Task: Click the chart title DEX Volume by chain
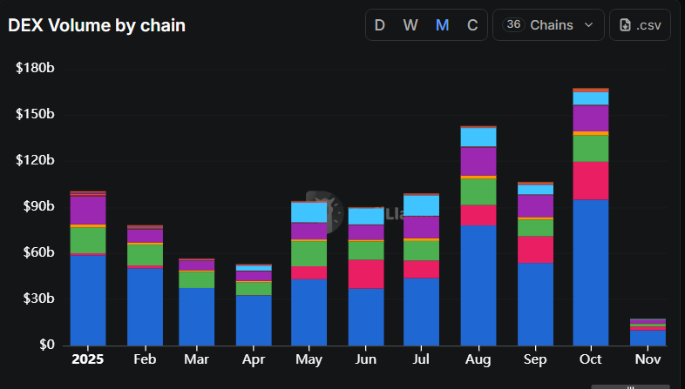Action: click(97, 25)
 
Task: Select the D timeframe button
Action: click(379, 25)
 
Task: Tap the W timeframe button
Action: click(410, 25)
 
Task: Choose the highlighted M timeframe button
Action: click(442, 25)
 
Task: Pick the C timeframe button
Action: click(472, 25)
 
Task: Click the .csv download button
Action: click(641, 25)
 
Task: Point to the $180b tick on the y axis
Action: click(35, 69)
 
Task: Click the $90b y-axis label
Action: click(37, 206)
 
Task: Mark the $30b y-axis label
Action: click(37, 298)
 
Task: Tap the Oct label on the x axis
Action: click(591, 359)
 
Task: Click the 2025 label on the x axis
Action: click(88, 359)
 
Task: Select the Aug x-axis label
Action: click(478, 359)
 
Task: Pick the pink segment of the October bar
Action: click(591, 180)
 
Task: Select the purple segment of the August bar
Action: click(478, 161)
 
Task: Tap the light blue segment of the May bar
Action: click(309, 211)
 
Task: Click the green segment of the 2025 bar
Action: click(88, 239)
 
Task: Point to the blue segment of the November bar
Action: click(648, 337)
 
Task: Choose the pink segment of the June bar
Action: click(365, 273)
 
